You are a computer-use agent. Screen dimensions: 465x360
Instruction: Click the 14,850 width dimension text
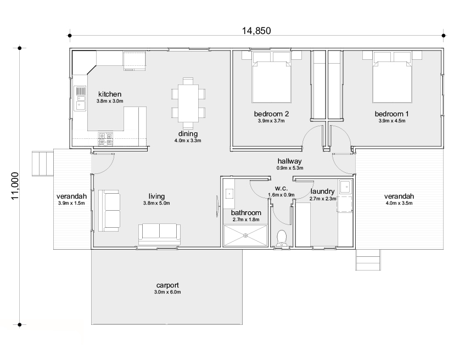pos(256,31)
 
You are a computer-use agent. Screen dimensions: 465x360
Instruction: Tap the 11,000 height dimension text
pos(15,186)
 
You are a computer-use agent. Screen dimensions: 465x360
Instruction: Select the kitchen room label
pos(110,94)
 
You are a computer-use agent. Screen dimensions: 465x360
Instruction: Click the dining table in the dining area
pos(188,103)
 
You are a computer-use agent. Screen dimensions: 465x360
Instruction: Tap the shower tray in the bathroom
pos(245,235)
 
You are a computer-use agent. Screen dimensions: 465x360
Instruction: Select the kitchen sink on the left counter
pos(80,98)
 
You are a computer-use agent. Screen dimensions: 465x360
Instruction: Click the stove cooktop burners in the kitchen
pos(105,139)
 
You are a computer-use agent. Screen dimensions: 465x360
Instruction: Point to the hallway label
pos(289,161)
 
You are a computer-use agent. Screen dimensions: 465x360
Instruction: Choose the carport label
pos(167,285)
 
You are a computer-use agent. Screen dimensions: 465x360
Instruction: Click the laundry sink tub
pos(345,187)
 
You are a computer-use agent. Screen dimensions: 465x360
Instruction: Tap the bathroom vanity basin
pos(229,194)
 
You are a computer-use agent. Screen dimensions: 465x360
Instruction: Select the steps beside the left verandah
pos(43,164)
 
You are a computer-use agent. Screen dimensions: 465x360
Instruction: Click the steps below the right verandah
pos(368,260)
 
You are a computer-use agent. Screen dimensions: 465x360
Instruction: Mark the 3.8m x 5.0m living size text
pos(156,204)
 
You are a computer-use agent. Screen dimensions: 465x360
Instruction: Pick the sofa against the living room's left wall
pos(109,211)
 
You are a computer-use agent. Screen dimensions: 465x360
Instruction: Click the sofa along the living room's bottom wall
pos(159,234)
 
